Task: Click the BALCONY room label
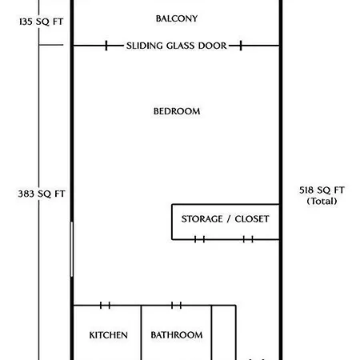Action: (x=177, y=18)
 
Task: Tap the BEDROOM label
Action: (x=177, y=111)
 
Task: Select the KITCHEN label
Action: (x=108, y=335)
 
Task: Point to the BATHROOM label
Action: (x=177, y=335)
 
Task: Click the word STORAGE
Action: (x=202, y=219)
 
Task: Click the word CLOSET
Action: (x=252, y=219)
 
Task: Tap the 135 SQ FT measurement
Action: (x=41, y=22)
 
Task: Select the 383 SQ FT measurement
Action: (x=42, y=194)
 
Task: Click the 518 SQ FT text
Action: (x=322, y=190)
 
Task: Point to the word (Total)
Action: (x=322, y=201)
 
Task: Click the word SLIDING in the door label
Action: (x=145, y=46)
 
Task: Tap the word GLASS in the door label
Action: (x=181, y=46)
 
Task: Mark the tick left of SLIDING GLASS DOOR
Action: (x=106, y=46)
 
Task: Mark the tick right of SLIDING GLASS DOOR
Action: (x=241, y=46)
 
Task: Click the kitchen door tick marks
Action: (x=105, y=306)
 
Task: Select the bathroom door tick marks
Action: (x=176, y=306)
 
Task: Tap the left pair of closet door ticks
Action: (x=199, y=239)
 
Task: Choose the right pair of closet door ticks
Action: (x=248, y=239)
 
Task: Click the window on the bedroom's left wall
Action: (x=71, y=250)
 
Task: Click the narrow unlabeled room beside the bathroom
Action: (x=224, y=333)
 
